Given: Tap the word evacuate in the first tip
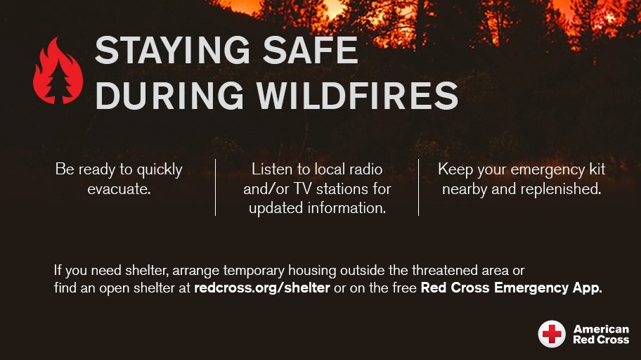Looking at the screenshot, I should (x=119, y=189).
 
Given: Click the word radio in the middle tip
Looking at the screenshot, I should (x=366, y=169).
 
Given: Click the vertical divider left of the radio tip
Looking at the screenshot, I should (x=215, y=187).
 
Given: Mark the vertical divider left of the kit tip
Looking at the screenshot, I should (x=418, y=187).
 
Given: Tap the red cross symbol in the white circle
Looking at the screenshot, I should (x=552, y=334).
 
